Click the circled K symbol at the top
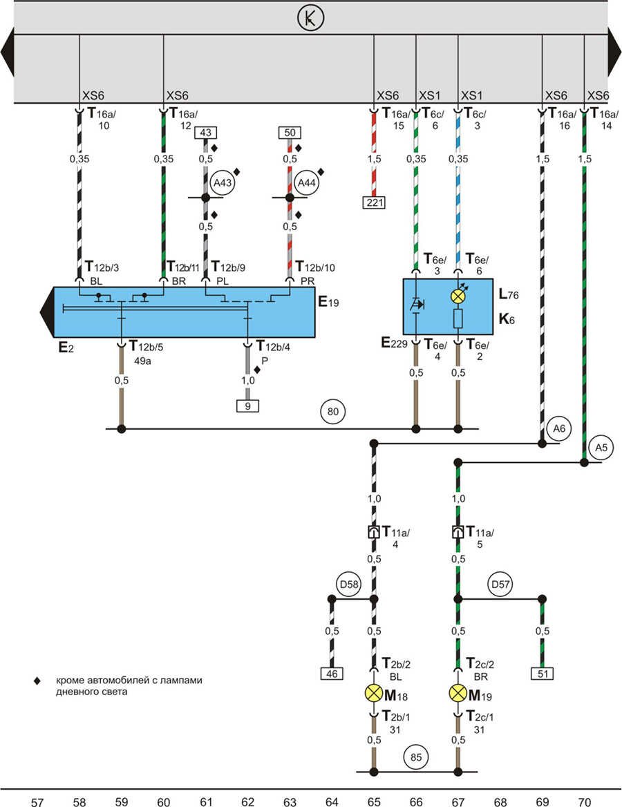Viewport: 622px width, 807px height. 310,19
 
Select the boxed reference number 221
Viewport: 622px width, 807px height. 374,202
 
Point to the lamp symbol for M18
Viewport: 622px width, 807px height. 374,693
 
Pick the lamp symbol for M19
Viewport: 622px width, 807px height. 458,693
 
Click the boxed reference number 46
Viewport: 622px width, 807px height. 332,673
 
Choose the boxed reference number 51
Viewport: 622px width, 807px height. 543,673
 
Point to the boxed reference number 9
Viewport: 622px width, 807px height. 248,406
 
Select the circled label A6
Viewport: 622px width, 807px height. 560,428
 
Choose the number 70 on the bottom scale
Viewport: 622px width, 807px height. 585,802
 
